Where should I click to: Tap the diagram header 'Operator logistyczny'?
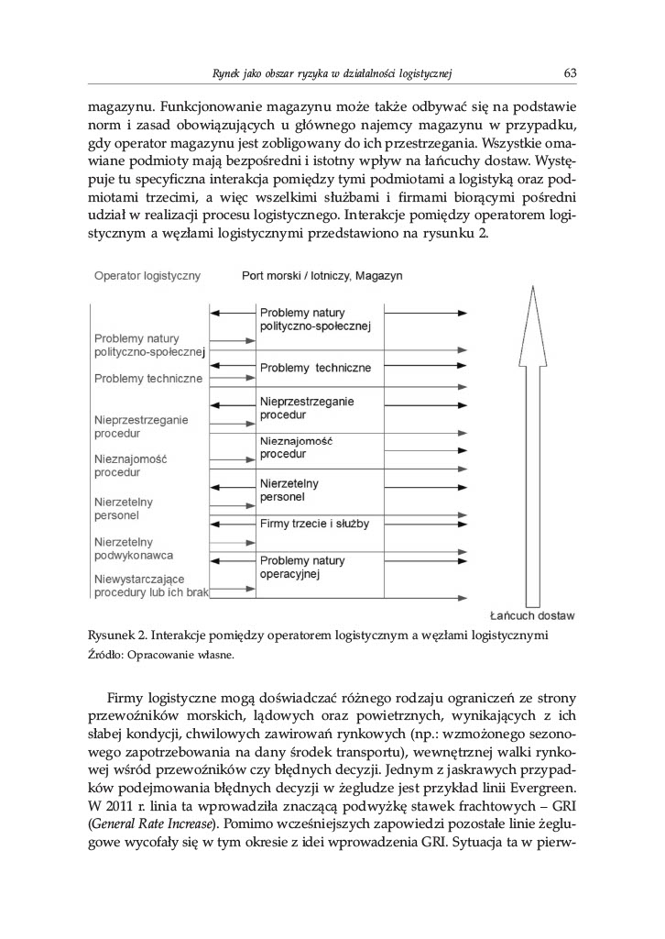147,274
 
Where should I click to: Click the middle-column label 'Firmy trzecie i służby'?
314,523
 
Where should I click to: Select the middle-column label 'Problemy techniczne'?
315,368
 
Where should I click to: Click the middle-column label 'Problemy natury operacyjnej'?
303,567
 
